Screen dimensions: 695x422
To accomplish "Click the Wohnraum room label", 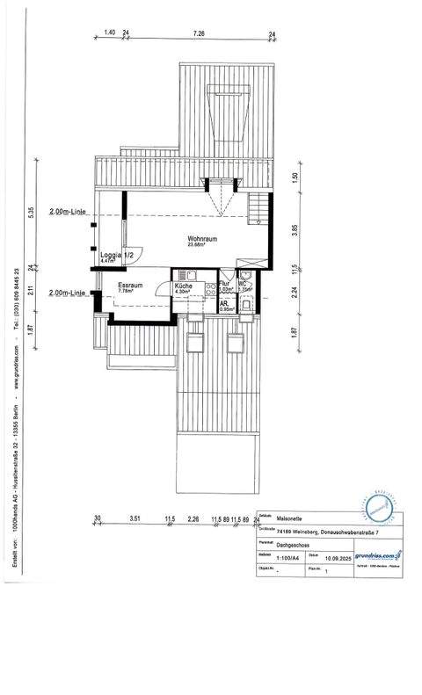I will (201, 238).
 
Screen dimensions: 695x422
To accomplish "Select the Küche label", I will (183, 286).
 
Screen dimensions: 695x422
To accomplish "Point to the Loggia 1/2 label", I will (116, 255).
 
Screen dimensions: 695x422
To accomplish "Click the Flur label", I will (224, 285).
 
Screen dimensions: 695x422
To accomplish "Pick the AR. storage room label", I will (225, 305).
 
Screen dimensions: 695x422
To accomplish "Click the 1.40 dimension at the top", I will (110, 33).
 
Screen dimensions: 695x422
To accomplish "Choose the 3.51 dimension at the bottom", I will (135, 519).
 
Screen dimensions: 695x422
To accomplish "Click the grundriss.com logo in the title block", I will (377, 554).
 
